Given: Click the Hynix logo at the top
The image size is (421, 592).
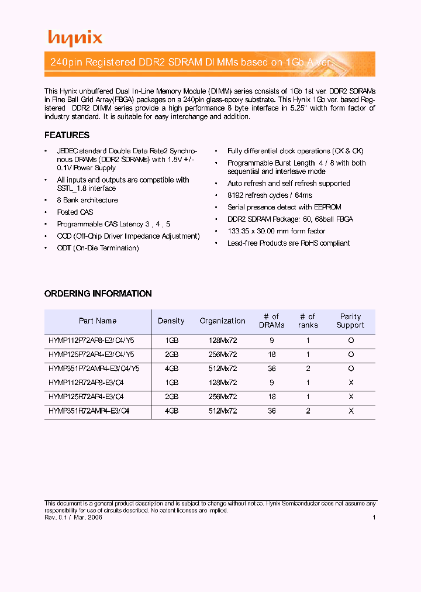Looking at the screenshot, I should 75,38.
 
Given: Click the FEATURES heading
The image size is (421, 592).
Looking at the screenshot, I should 67,135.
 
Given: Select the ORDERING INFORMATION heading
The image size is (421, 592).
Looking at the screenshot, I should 98,294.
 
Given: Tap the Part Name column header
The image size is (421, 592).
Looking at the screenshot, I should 98,321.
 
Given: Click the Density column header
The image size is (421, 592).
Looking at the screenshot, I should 171,321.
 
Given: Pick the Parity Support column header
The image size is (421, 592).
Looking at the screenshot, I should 350,321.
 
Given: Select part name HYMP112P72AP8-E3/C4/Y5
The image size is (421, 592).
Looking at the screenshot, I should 91,340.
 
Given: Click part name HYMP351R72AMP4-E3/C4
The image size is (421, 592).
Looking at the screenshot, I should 89,411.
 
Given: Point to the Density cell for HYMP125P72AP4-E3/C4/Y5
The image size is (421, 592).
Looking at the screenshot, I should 171,354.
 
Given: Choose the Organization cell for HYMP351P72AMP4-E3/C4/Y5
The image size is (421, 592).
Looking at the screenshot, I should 222,369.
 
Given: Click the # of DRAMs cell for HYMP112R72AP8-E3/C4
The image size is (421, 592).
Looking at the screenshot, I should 271,383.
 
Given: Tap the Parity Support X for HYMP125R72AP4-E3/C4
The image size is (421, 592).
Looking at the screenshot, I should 351,397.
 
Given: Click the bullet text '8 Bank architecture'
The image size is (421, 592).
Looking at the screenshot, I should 87,200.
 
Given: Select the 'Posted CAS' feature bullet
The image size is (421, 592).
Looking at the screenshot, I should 75,212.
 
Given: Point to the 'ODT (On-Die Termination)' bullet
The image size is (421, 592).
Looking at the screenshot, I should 98,248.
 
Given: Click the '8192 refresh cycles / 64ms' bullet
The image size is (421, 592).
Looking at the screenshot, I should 270,195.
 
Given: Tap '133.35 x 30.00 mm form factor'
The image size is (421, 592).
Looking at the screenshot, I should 277,231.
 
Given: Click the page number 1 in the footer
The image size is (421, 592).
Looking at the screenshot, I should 374,517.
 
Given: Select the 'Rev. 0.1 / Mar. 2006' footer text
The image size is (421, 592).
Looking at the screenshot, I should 74,518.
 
